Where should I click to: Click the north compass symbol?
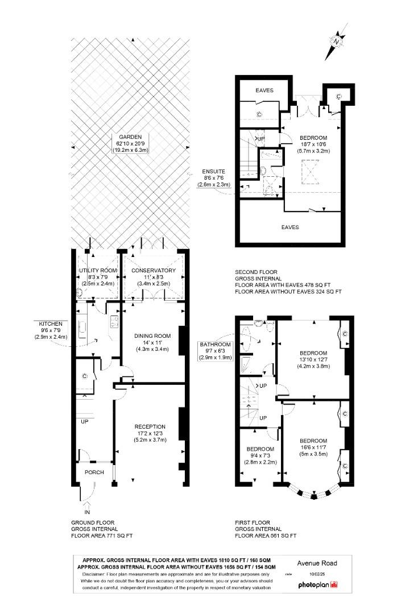pos(337,41)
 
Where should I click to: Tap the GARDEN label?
pos(130,137)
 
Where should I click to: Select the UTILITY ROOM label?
pos(98,271)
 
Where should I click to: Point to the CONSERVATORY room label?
pos(153,271)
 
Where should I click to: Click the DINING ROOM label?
pos(152,335)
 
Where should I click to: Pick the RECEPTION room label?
pos(150,426)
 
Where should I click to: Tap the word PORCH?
pos(94,472)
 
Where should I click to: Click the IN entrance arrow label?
pos(87,512)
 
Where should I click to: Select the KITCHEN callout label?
pos(51,324)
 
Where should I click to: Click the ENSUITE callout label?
pos(214,172)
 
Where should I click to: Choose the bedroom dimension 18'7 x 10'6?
pos(313,144)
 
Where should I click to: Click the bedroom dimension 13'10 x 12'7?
pos(313,360)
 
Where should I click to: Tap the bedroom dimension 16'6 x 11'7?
pos(313,447)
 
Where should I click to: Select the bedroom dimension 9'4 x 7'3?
pos(260,455)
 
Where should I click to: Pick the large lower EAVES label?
pos(290,227)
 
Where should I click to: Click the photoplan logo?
pos(318,584)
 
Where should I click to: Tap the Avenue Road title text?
pos(317,563)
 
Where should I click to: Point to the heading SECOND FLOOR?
pos(256,272)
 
